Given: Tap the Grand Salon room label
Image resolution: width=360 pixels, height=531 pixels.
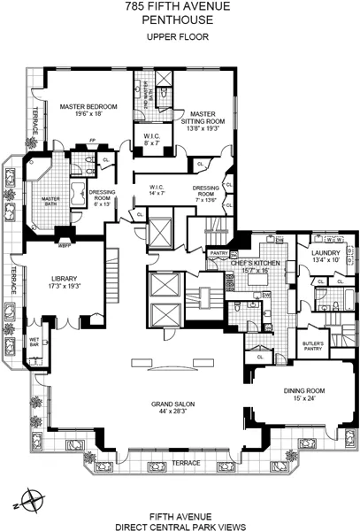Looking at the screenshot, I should click(177, 405).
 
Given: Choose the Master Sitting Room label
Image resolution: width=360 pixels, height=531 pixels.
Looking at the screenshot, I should click(203, 119).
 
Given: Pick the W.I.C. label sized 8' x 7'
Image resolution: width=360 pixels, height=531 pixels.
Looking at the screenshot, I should click(152, 136).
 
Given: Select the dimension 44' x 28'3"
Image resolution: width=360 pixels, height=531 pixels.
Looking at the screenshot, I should click(178, 412).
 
